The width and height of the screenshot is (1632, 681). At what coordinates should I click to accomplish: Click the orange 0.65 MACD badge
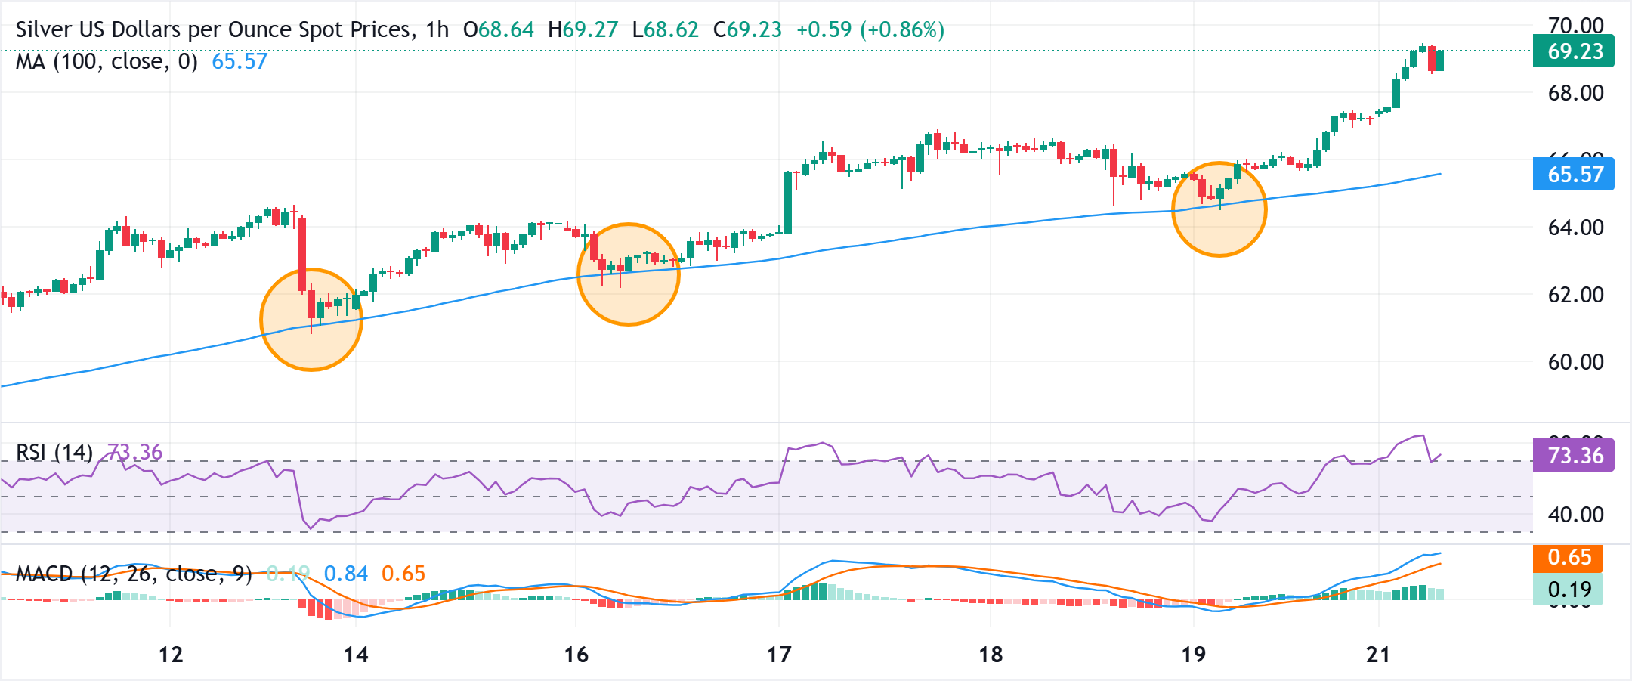[x=1568, y=557]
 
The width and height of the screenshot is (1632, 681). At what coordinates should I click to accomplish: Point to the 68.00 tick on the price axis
[x=1575, y=93]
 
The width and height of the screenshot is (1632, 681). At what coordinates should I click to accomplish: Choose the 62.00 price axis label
[x=1575, y=295]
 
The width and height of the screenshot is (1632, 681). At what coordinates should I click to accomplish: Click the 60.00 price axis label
[x=1575, y=362]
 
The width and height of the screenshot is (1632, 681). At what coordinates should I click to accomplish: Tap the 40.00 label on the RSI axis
[x=1575, y=515]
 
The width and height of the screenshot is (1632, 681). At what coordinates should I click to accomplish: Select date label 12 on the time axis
[x=171, y=655]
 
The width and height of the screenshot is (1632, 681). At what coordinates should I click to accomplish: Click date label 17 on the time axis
[x=779, y=655]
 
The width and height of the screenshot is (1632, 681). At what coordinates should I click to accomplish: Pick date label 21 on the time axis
[x=1378, y=655]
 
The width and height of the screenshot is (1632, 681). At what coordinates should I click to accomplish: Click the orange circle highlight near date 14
[x=311, y=320]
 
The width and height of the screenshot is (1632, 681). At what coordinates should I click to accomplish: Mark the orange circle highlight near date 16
[x=629, y=274]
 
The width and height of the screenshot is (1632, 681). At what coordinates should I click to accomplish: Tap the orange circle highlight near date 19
[x=1219, y=209]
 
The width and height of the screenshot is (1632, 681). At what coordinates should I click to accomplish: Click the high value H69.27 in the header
[x=583, y=29]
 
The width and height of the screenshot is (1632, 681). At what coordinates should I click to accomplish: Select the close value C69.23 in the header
[x=747, y=29]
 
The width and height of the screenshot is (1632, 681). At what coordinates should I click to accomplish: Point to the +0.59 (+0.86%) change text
[x=870, y=29]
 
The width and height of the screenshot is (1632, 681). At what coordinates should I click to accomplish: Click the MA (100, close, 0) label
[x=107, y=61]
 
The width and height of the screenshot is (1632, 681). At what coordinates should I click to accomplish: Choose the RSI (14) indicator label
[x=54, y=452]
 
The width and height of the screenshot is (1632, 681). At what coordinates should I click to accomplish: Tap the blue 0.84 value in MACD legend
[x=345, y=574]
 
